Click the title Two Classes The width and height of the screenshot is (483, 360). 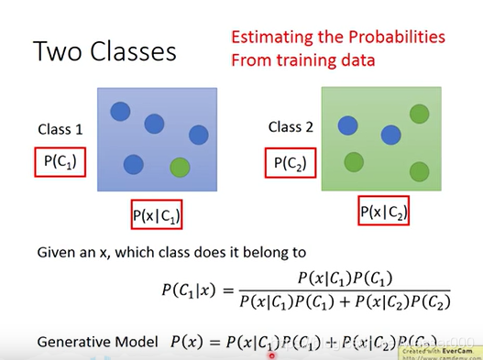coord(104,50)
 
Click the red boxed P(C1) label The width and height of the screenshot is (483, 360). coord(59,163)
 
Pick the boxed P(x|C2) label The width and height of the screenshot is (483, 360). coord(382,213)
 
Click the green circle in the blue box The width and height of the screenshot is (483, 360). coord(181,168)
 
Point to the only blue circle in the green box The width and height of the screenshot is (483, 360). coord(391,135)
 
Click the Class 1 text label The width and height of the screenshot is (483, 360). coord(60,129)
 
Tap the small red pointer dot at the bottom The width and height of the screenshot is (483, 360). coord(270,355)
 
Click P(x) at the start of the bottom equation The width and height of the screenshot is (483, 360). coord(190,341)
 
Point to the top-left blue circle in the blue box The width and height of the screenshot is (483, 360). coord(120,111)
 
